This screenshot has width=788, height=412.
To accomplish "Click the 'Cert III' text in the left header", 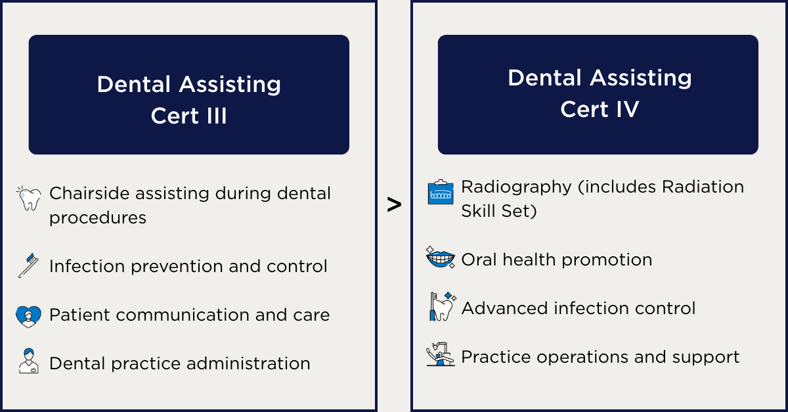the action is point(189,116).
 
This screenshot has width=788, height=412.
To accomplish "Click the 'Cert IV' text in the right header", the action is point(600,109).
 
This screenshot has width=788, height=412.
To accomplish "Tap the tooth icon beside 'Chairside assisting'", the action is point(28,198).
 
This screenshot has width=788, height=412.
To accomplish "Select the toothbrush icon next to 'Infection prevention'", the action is point(28,265).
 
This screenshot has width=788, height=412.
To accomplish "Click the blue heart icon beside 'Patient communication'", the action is point(28,316).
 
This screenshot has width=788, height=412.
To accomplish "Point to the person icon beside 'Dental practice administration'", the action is point(29,361).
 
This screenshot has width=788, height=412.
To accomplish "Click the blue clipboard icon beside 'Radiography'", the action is point(441,192).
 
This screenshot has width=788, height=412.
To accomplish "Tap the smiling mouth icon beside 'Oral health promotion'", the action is point(441,258).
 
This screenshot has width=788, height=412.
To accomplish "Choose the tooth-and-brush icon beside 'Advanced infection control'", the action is point(442,306).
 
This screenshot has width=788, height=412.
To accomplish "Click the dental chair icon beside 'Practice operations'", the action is point(441,355).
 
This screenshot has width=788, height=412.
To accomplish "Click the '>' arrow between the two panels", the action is point(394,204).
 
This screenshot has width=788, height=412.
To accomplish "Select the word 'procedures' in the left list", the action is point(98,218).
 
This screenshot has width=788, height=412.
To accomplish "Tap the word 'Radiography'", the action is point(516,187).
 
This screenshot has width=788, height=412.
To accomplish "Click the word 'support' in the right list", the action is point(706,357).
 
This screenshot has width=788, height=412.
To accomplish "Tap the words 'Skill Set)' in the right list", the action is point(499,212).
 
